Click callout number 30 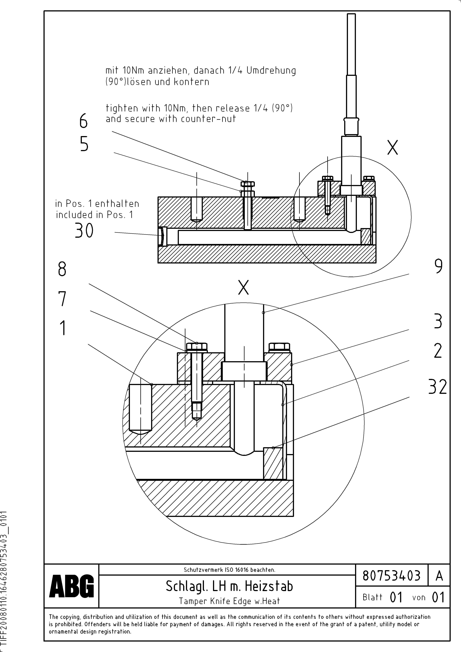(x=84, y=230)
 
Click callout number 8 (x=62, y=269)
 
